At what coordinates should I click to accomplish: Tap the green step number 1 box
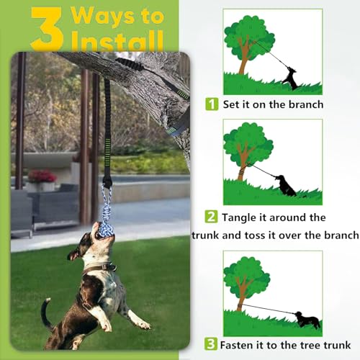click(212, 104)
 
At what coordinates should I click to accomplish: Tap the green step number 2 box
click(212, 217)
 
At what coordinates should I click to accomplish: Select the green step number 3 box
click(212, 343)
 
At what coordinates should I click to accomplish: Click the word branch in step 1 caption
click(303, 104)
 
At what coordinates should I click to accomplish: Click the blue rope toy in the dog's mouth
click(106, 215)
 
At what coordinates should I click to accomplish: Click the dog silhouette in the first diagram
click(290, 78)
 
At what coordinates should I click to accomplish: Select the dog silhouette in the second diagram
click(287, 186)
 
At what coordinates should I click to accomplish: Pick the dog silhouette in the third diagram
click(307, 319)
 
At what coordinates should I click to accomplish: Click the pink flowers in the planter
click(42, 176)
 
